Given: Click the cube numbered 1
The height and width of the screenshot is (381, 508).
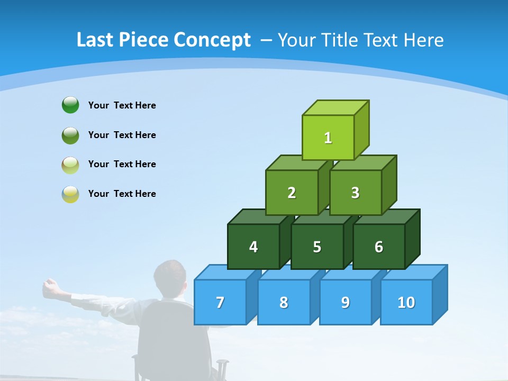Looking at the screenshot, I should pyautogui.click(x=328, y=138).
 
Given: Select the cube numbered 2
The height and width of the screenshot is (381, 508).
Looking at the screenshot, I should pyautogui.click(x=292, y=193).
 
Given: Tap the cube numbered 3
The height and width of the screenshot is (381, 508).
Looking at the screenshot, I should pyautogui.click(x=355, y=193).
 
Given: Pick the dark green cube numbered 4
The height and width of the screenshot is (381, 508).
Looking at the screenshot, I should pyautogui.click(x=253, y=247).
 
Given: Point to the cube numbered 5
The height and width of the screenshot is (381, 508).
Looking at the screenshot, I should pyautogui.click(x=317, y=247).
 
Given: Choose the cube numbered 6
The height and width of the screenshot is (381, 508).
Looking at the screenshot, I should pyautogui.click(x=379, y=247).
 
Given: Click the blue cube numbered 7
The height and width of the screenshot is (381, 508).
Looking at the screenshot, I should pyautogui.click(x=220, y=302).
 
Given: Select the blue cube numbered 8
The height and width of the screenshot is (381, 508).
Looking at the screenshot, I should pyautogui.click(x=284, y=302).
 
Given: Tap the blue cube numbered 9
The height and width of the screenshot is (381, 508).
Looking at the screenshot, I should pyautogui.click(x=346, y=302).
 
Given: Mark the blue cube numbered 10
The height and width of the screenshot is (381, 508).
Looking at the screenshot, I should pyautogui.click(x=406, y=302).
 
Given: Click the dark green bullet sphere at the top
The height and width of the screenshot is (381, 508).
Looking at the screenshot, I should pyautogui.click(x=70, y=105).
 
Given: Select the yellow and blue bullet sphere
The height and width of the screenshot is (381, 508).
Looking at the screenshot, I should pyautogui.click(x=70, y=194).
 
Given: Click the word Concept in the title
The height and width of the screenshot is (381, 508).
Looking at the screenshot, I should pyautogui.click(x=212, y=40).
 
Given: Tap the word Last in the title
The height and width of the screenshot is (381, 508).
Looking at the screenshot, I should pyautogui.click(x=96, y=40).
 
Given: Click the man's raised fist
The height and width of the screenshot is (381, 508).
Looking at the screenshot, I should pyautogui.click(x=50, y=286).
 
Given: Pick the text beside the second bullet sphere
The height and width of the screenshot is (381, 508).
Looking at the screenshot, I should pyautogui.click(x=122, y=135).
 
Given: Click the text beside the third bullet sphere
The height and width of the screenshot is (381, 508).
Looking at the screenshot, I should pyautogui.click(x=122, y=164).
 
